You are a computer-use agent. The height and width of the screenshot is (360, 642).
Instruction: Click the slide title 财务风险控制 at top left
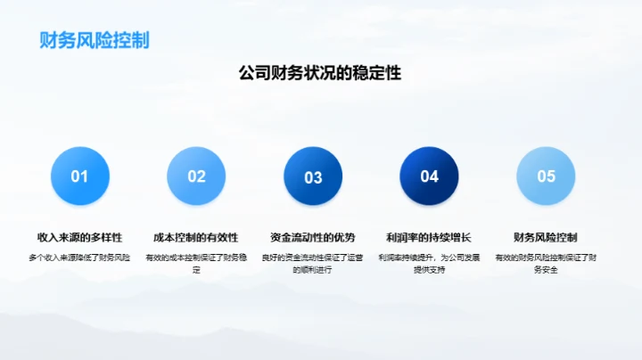(94, 41)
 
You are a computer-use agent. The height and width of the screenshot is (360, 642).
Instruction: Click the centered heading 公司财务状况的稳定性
(320, 74)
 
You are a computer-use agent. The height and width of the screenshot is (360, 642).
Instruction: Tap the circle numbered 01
(80, 176)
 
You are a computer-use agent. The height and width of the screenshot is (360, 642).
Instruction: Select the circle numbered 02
(196, 176)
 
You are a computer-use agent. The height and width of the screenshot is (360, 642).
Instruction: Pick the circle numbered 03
(313, 176)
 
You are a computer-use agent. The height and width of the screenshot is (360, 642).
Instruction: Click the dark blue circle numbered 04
(430, 176)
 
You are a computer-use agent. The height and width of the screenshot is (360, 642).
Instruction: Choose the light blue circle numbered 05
(546, 176)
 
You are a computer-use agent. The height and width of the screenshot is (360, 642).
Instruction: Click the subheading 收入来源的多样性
(80, 238)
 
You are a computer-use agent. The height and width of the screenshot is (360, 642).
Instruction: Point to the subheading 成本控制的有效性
(196, 238)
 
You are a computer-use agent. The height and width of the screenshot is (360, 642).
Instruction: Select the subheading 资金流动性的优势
(313, 238)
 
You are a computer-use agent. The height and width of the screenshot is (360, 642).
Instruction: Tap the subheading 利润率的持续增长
(429, 238)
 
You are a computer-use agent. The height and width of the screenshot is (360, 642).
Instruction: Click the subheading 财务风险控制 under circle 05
(546, 238)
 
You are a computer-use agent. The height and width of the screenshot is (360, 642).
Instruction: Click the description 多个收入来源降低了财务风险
(80, 258)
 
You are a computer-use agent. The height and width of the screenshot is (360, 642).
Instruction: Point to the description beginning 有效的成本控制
(196, 263)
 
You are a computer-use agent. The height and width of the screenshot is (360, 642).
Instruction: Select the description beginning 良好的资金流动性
(313, 263)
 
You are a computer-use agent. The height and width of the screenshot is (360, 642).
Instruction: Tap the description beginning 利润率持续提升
(429, 263)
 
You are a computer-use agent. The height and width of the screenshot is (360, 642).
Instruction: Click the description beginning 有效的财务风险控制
(546, 263)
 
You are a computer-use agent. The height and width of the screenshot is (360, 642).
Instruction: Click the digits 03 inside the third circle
(313, 177)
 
